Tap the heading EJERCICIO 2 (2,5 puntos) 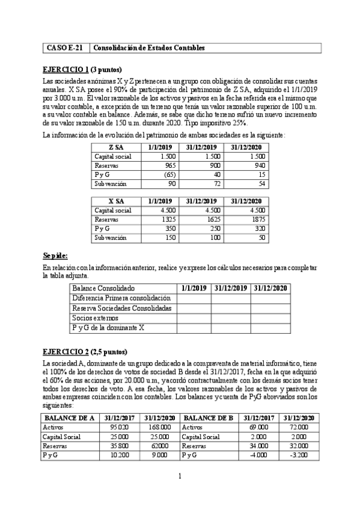pos(85,351)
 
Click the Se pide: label pos(55,255)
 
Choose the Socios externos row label pos(95,317)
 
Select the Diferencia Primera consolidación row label pos(121,298)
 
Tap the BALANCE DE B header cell pos(207,418)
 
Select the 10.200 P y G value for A pos(118,455)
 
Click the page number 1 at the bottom pos(180,478)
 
